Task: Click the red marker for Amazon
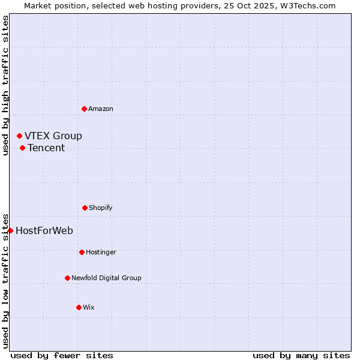84,109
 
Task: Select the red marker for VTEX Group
19,136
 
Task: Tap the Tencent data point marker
22,148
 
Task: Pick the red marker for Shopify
85,208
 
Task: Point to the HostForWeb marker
10,230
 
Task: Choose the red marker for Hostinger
82,252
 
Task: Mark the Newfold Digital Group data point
67,278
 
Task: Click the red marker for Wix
79,307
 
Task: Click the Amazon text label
101,109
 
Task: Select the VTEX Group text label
53,136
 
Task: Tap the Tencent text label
46,148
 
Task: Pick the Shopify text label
101,208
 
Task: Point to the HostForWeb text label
44,231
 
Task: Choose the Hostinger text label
101,252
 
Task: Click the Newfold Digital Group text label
107,278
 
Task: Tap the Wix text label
89,307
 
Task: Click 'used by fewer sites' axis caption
62,356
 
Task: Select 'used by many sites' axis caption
301,356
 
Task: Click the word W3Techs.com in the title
310,5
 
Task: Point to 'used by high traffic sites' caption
5,85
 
